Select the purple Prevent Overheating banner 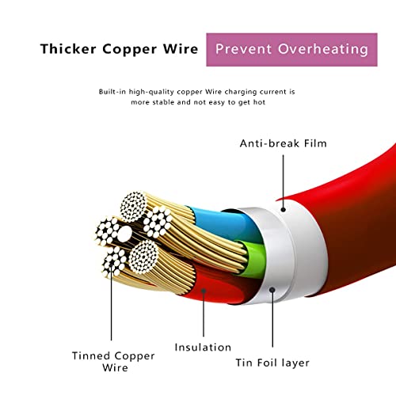pyautogui.click(x=291, y=49)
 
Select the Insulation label pyautogui.click(x=204, y=347)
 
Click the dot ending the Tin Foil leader pyautogui.click(x=271, y=291)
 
